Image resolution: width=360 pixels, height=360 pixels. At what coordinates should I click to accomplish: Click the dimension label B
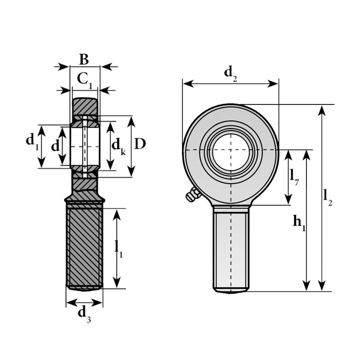84,60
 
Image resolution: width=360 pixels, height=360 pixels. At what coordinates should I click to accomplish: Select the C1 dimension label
84,80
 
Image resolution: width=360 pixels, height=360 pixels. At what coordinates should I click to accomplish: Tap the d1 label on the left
32,141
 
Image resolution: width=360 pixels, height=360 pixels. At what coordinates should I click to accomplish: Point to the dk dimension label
118,147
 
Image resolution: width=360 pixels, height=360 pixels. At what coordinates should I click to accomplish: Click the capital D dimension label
140,144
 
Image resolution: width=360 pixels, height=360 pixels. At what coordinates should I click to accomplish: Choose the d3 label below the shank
84,315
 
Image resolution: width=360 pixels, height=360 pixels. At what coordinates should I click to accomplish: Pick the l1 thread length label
119,250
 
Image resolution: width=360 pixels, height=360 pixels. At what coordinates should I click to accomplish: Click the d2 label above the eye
230,74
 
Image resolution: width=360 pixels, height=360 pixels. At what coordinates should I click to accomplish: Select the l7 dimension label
294,177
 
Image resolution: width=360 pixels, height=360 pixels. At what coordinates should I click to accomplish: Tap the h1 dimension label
299,223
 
